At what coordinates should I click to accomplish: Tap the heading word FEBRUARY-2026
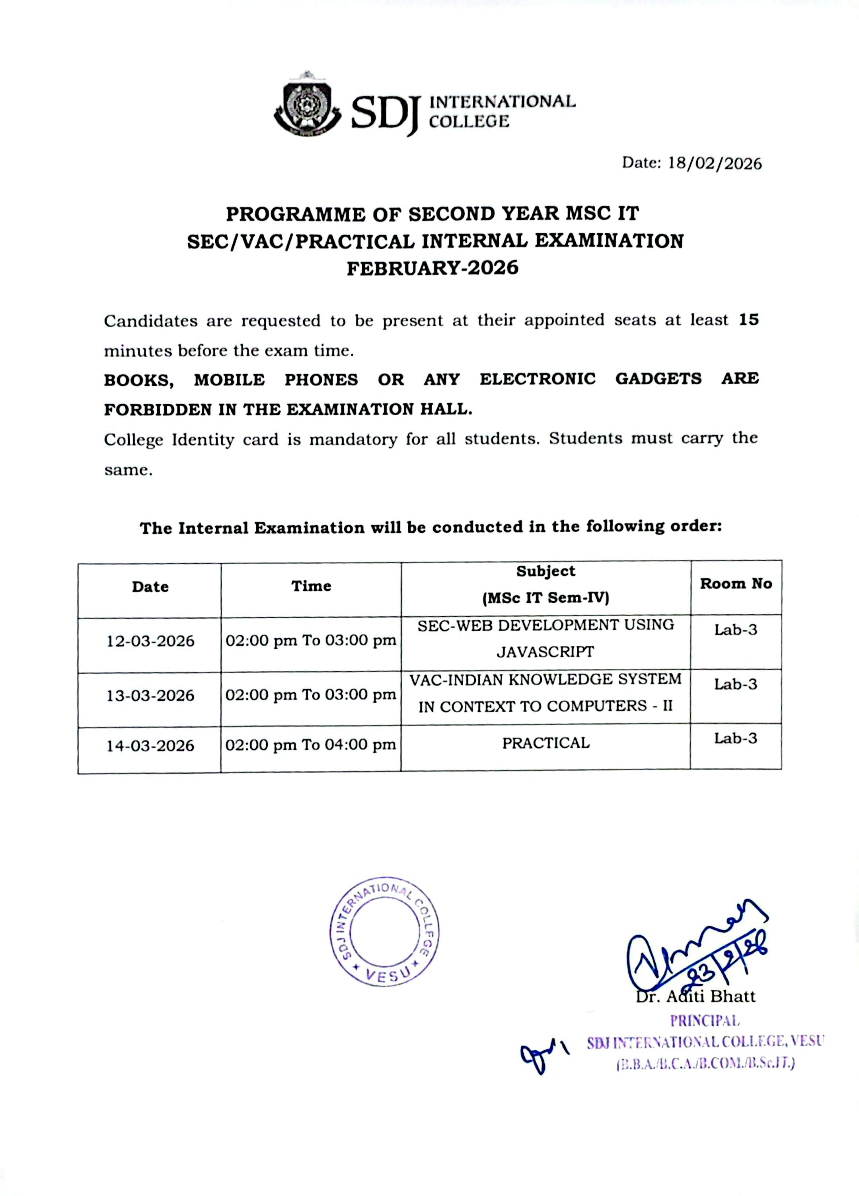pos(432,268)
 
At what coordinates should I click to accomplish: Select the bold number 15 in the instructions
pos(748,320)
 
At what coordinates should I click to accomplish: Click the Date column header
pos(150,586)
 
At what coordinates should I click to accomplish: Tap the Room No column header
pos(736,583)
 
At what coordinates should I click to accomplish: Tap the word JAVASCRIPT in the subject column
pos(545,652)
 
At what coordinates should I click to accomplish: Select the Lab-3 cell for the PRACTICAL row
pos(735,738)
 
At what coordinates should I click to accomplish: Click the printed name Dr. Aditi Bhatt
pos(695,996)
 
